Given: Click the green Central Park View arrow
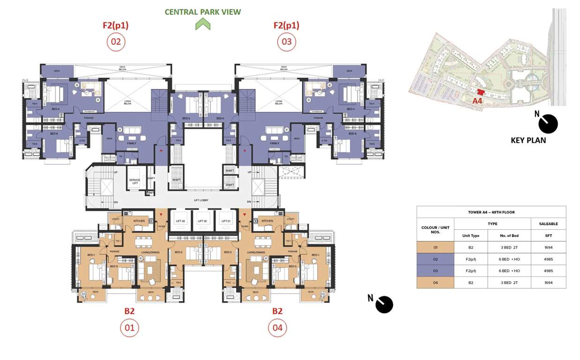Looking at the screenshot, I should (x=203, y=24).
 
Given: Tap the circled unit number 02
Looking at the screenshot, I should (x=116, y=42).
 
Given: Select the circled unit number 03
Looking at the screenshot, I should (x=286, y=42).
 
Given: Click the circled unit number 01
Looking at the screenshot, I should (x=129, y=328).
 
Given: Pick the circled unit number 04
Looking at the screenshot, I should (x=277, y=328).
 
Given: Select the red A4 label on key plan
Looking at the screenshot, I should (x=477, y=101).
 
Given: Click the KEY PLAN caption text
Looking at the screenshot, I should (x=528, y=140).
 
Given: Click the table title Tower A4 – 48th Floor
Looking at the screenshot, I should (x=491, y=212).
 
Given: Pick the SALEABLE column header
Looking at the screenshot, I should (x=548, y=224).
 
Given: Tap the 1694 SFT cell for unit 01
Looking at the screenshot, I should (x=548, y=247).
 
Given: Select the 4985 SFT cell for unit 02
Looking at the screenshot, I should (x=548, y=259).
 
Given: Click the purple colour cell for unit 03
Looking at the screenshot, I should (x=435, y=271).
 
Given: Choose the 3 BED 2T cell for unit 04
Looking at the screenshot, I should (x=509, y=283).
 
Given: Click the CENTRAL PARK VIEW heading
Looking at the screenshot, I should (x=203, y=12).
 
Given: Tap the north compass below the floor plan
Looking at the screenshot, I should (x=383, y=304).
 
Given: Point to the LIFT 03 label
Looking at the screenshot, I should (x=180, y=221).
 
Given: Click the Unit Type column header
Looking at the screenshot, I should (x=471, y=236).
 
